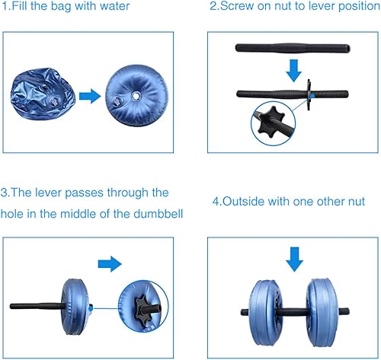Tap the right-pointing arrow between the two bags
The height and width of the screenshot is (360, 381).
[x=90, y=96]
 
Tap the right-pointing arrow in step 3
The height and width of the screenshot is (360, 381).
[x=111, y=264]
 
